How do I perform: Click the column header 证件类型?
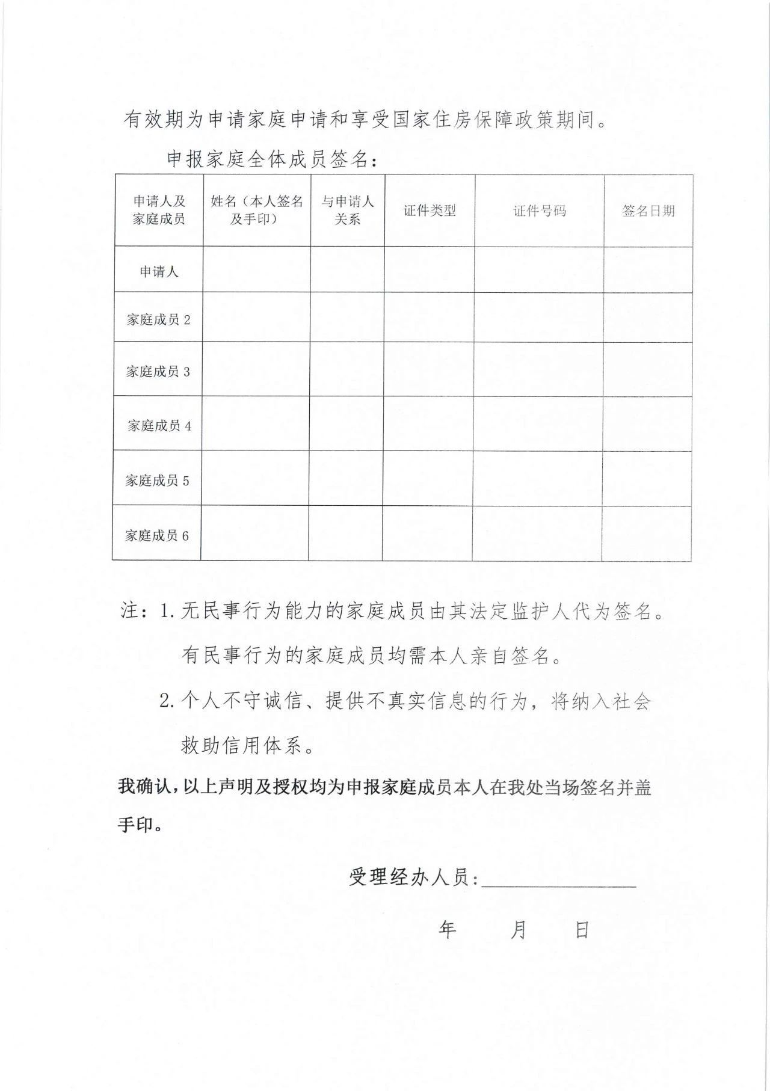point(430,211)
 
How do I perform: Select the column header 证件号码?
point(539,211)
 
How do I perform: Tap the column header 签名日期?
point(648,211)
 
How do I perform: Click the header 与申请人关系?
point(348,210)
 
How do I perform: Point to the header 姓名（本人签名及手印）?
point(257,210)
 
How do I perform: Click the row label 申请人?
point(159,271)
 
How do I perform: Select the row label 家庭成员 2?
point(158,319)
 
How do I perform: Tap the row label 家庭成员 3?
point(158,371)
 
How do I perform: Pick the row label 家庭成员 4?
point(159,426)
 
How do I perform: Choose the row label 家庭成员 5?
point(157,481)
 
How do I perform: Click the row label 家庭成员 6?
point(156,535)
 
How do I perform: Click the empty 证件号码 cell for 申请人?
point(539,270)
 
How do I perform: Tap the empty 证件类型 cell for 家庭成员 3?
point(428,369)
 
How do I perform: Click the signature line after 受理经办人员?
point(559,879)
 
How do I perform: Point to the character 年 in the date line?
point(447,929)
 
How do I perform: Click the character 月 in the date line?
point(518,930)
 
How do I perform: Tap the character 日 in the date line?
point(582,930)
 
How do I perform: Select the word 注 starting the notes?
point(131,611)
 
